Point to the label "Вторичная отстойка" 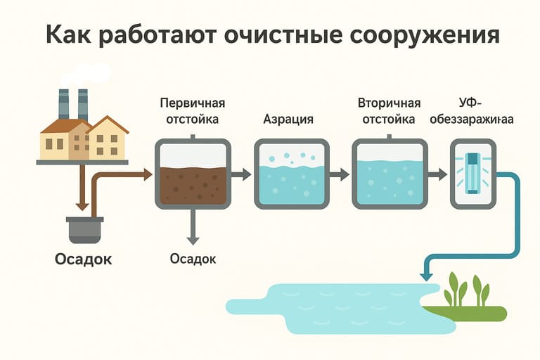click(x=389, y=110)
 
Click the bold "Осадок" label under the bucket click(x=84, y=259)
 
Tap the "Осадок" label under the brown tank click(x=193, y=258)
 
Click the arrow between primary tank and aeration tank click(x=242, y=174)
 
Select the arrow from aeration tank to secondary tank click(x=340, y=174)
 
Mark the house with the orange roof click(x=108, y=139)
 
